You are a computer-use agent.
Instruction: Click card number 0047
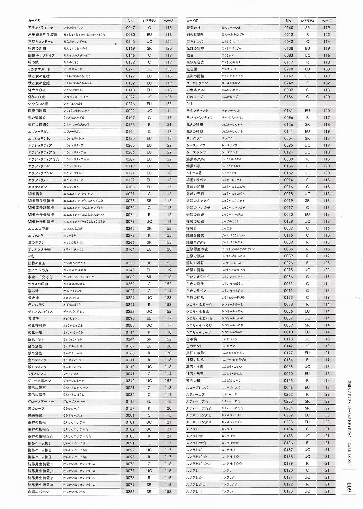[130, 28]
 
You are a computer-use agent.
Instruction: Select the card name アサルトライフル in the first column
[41, 28]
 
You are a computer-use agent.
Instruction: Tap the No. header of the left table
[130, 21]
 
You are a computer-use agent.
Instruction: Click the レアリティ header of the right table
[307, 21]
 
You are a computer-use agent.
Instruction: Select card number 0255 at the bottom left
[130, 492]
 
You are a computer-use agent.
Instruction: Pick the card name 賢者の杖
[193, 28]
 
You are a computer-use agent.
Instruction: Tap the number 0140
[289, 28]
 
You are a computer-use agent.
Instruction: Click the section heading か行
[31, 256]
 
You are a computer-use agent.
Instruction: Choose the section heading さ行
[189, 104]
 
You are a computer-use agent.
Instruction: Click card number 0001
[130, 415]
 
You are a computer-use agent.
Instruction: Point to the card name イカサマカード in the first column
[39, 69]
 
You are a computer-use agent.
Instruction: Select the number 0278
[289, 69]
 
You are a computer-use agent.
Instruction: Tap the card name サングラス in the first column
[195, 138]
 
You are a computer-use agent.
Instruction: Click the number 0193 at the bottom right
[289, 492]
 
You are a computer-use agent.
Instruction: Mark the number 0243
[130, 42]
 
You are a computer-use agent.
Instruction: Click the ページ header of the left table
[168, 21]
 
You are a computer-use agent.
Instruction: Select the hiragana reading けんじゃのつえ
[231, 28]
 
